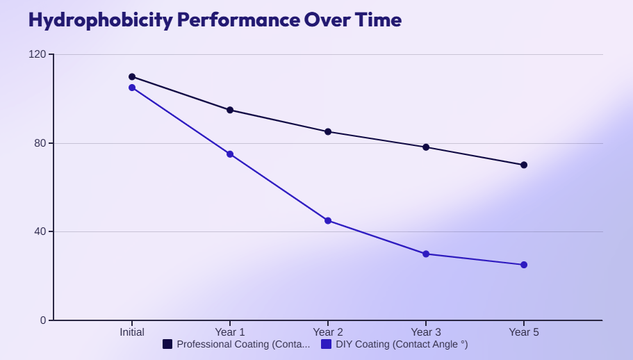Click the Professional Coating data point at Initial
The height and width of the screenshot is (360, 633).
[x=132, y=76]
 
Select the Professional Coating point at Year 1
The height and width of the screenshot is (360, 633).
[x=230, y=110]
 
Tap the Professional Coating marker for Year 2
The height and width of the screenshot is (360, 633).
[x=328, y=132]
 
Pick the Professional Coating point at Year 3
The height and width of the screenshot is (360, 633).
[x=426, y=147]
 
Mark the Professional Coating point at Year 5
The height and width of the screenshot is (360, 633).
[x=524, y=165]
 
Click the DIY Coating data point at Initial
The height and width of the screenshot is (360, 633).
[x=132, y=88]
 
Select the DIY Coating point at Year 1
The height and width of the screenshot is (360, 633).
[x=230, y=154]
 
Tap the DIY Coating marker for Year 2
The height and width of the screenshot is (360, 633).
[x=328, y=220]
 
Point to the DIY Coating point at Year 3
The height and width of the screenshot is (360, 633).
[x=426, y=254]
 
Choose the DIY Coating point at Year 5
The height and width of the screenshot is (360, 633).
[x=524, y=265]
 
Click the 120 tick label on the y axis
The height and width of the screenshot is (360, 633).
[x=37, y=54]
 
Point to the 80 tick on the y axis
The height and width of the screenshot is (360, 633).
[x=40, y=143]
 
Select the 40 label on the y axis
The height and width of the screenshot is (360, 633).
[x=40, y=231]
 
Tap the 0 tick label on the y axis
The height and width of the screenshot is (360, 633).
[x=42, y=320]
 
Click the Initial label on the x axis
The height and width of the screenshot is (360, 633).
[x=132, y=332]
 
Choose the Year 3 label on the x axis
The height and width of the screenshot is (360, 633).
[x=426, y=332]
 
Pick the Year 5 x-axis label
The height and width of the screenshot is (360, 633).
[x=524, y=332]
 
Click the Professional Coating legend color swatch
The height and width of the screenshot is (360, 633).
[x=167, y=344]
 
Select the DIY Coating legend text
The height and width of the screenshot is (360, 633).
[x=402, y=344]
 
